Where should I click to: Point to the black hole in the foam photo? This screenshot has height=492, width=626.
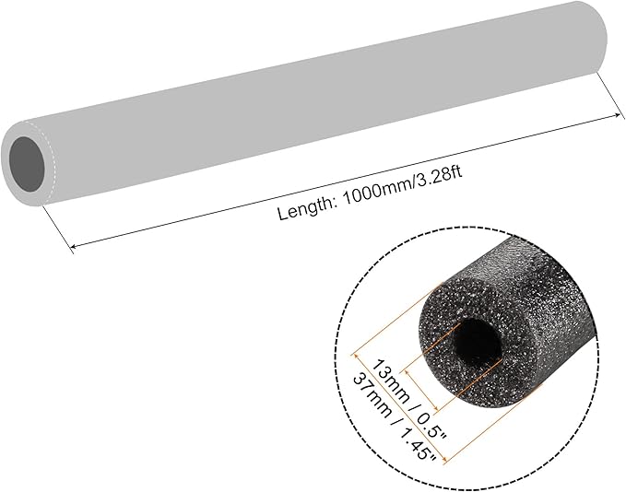(478, 343)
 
